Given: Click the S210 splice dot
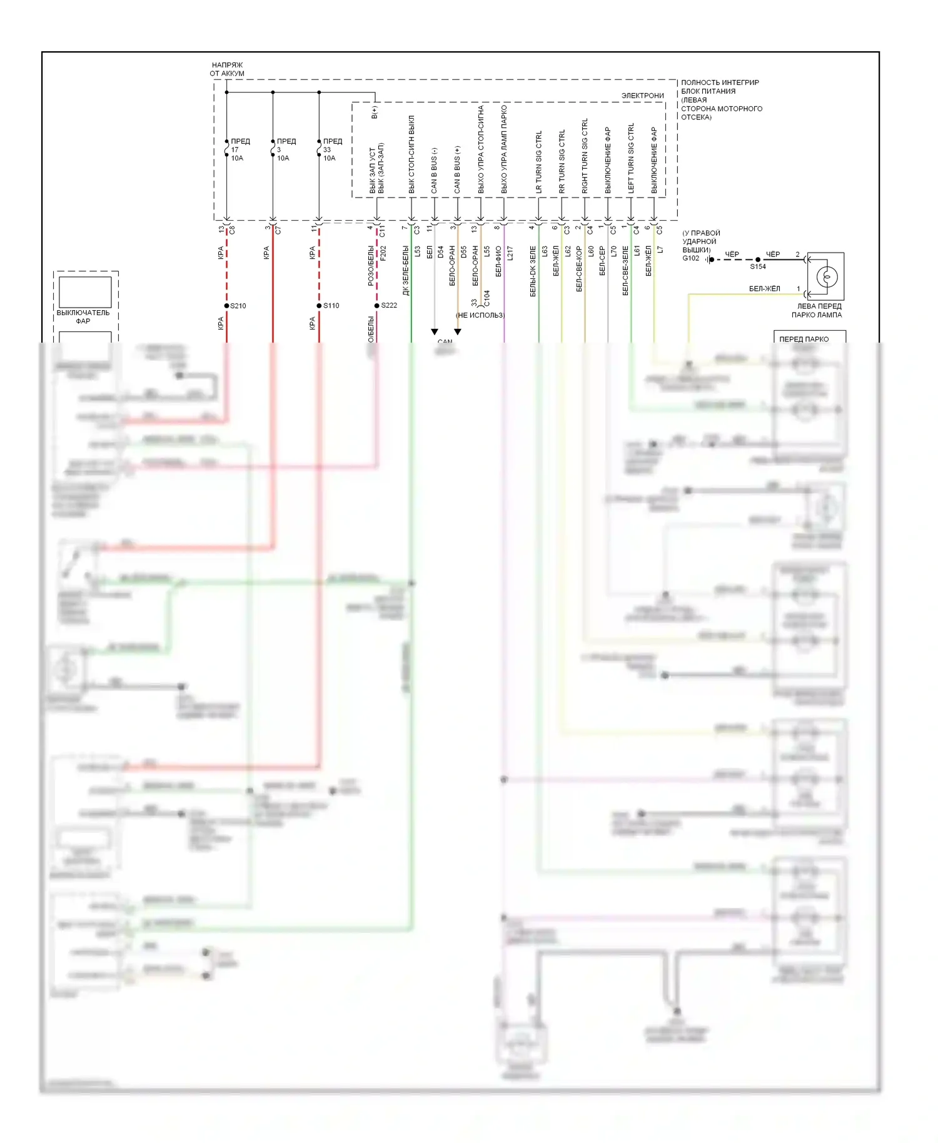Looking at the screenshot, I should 226,306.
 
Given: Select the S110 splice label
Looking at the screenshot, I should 331,306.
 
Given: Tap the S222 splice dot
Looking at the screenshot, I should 376,306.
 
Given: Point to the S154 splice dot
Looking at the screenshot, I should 758,259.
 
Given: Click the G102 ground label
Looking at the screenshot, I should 690,258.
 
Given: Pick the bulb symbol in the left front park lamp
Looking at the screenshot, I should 827,276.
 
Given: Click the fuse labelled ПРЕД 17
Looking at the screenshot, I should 226,149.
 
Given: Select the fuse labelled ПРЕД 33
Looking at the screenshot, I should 319,149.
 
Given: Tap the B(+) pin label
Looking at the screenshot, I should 375,112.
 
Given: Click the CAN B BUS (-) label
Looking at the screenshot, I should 434,170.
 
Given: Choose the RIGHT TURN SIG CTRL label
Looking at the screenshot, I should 585,156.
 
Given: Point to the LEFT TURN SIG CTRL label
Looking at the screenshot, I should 631,158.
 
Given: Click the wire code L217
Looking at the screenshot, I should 510,253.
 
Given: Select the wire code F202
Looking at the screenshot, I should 383,253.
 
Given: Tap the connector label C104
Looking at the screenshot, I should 487,298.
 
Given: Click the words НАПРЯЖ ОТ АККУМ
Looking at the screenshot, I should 227,69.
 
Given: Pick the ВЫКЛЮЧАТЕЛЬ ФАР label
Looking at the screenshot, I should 83,316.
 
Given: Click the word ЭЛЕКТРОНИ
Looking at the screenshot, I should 642,96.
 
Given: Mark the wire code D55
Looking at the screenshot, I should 463,252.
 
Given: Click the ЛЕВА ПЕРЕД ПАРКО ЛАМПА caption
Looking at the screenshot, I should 817,311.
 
